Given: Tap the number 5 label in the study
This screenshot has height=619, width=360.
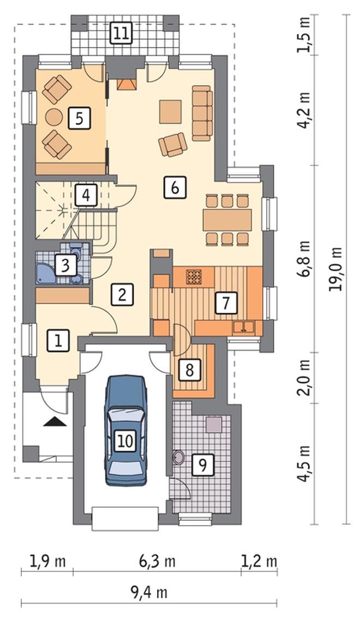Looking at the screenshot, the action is [79, 118].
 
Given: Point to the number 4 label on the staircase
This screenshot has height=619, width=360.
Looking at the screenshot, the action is [86, 195].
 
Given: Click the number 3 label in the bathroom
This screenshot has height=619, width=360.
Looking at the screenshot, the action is [65, 265].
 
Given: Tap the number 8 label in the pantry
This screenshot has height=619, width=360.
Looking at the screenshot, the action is [190, 370].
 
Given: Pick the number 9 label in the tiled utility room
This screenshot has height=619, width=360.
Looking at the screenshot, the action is [203, 465].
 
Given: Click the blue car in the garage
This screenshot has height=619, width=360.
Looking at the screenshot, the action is [126, 430].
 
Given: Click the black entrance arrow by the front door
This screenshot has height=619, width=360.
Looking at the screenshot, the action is [55, 421].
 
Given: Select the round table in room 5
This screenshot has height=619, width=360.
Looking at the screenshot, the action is [54, 117].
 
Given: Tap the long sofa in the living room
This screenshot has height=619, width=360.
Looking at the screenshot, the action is [202, 113].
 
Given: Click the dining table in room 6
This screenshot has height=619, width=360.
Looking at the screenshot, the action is [227, 220].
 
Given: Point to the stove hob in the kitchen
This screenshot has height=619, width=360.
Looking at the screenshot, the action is [193, 276].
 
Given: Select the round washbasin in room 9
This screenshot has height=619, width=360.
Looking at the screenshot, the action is [178, 457].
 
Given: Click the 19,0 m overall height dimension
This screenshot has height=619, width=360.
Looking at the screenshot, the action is [336, 269].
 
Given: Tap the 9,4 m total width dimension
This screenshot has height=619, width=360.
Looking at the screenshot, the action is [149, 592].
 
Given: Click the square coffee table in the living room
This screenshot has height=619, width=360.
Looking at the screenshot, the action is [171, 111].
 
